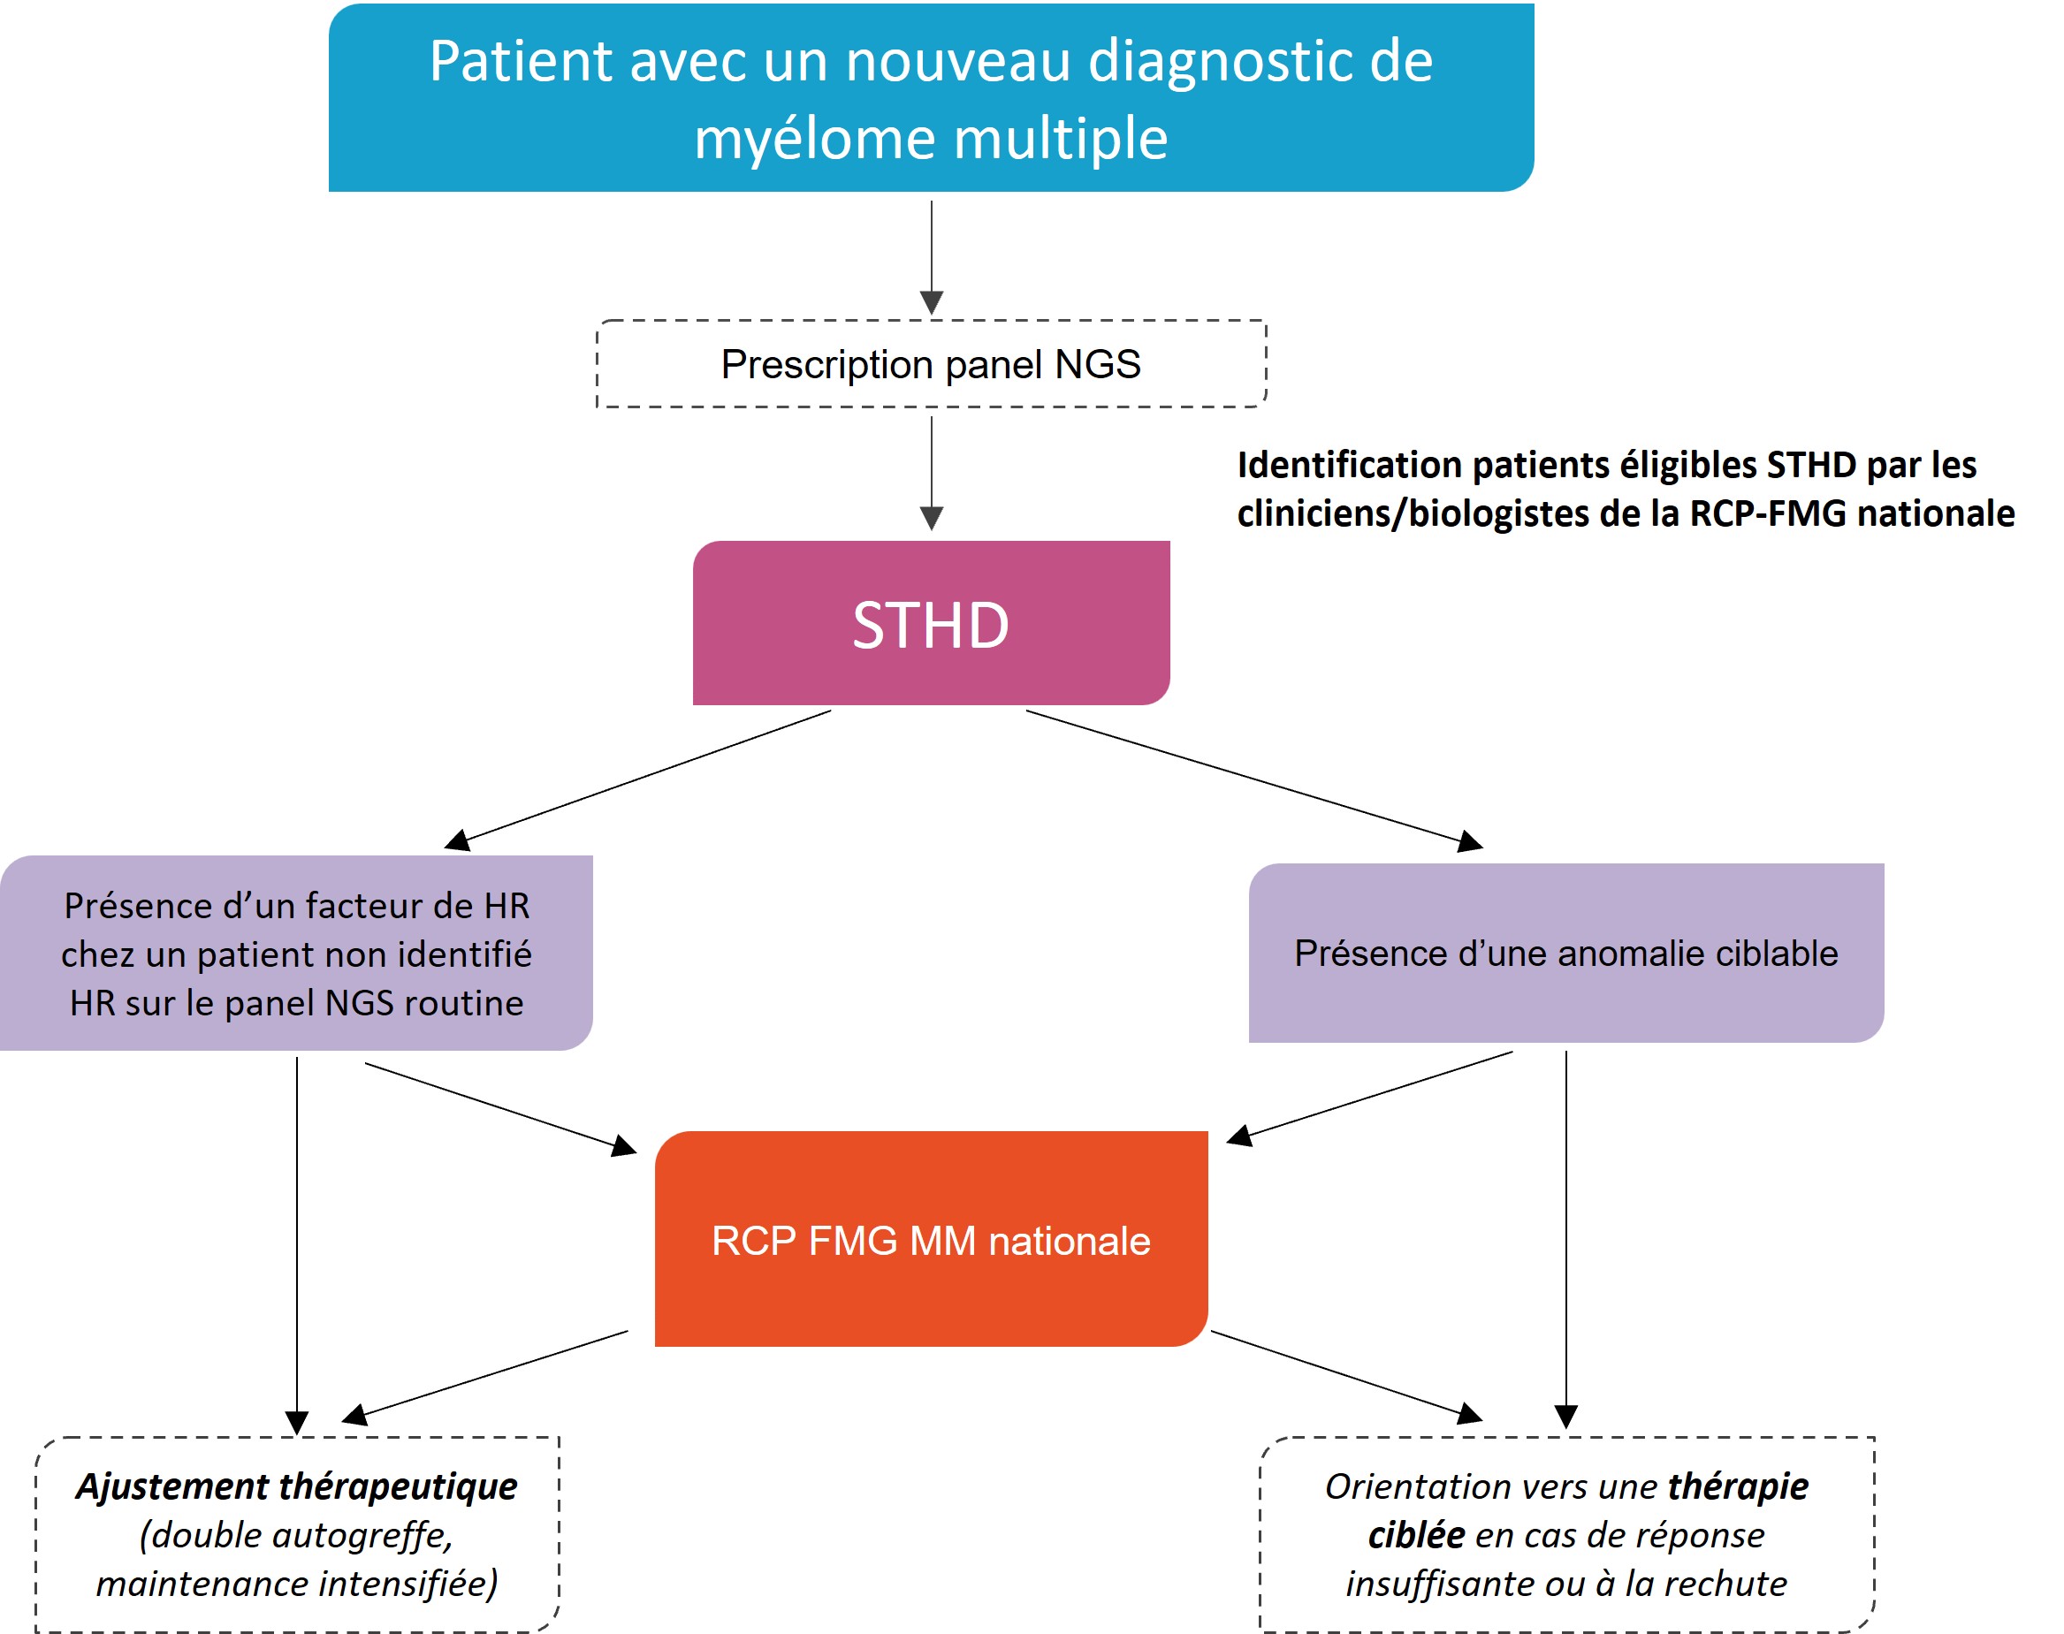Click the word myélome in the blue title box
[813, 140]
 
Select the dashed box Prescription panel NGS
[930, 364]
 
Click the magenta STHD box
[930, 623]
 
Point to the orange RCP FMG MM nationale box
[930, 1240]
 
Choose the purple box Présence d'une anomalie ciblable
[1565, 953]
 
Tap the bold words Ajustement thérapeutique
[297, 1486]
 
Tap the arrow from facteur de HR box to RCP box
[498, 1107]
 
